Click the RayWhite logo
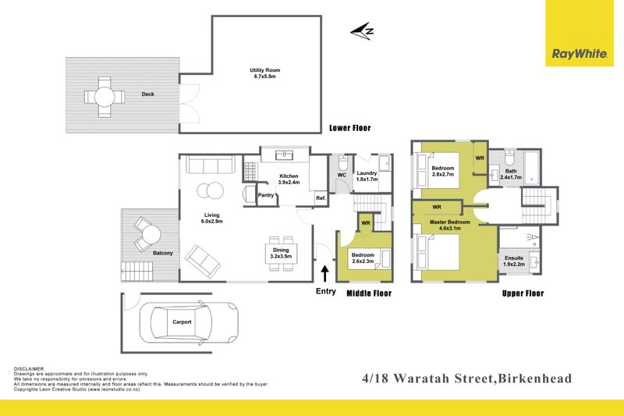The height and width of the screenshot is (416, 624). [580, 54]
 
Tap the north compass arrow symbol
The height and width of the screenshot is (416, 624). [362, 31]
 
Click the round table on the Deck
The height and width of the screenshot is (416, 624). [105, 96]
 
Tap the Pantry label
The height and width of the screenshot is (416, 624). [266, 195]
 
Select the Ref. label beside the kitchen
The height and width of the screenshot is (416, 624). [320, 198]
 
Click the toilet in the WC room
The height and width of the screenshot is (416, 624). [342, 163]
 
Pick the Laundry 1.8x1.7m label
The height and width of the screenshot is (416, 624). [367, 176]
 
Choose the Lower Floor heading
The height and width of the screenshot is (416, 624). [349, 128]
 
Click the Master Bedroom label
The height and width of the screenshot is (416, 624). [449, 225]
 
